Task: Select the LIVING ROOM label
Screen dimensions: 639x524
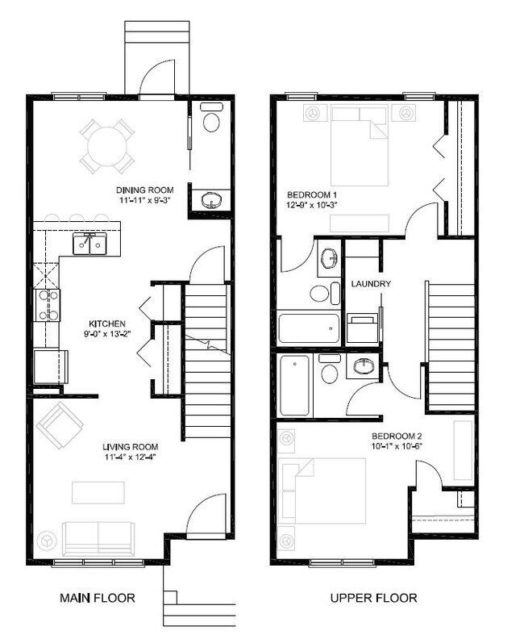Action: (129, 447)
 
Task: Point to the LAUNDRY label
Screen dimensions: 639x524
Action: (371, 284)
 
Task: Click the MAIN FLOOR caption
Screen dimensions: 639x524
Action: (97, 598)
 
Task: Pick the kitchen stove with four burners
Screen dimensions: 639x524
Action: (46, 305)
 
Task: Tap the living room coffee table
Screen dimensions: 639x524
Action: (99, 491)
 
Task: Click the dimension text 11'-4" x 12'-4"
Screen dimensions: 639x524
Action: (129, 459)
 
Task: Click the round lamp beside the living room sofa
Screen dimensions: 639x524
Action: (47, 537)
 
